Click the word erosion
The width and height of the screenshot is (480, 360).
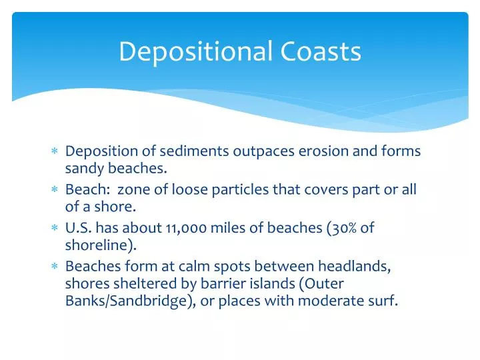tap(321, 151)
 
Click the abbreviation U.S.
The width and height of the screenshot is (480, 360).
tap(79, 229)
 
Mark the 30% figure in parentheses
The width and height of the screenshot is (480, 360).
tap(343, 229)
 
